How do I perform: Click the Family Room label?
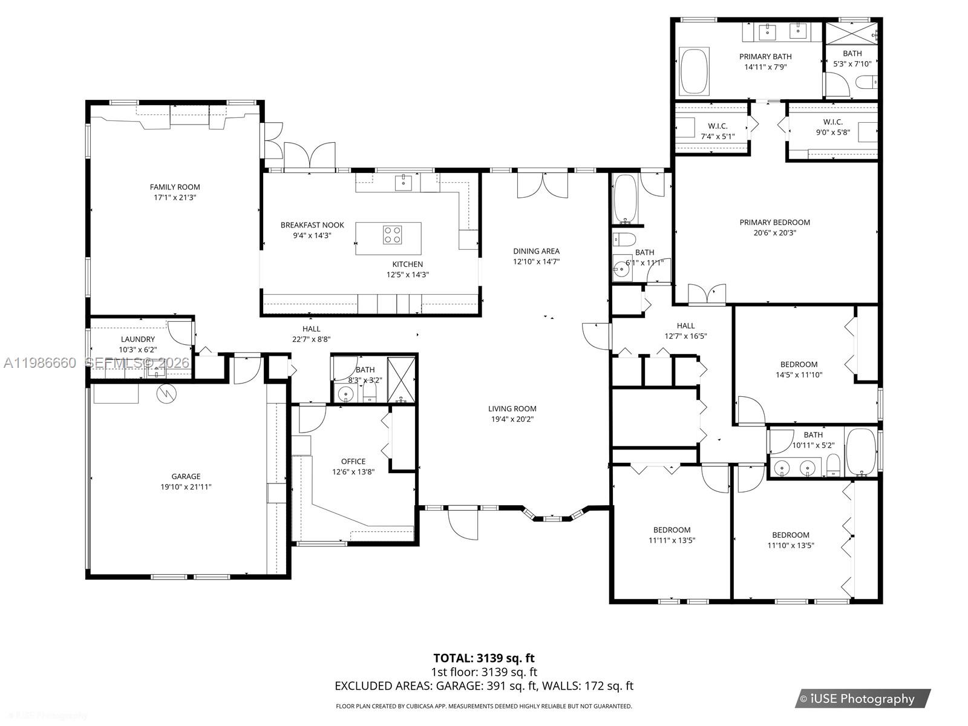point(175,187)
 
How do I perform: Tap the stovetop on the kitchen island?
point(392,235)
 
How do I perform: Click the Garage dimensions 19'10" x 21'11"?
point(186,486)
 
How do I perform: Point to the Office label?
point(353,461)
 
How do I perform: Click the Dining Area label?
point(536,251)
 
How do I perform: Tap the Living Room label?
point(512,408)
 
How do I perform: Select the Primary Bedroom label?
point(774,222)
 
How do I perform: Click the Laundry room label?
point(138,339)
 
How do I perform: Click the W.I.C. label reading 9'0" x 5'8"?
point(832,122)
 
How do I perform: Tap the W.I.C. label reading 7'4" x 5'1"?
point(718,126)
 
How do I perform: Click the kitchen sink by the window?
point(404,181)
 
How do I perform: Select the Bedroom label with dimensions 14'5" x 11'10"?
point(799,364)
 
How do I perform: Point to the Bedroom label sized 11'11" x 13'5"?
point(672,530)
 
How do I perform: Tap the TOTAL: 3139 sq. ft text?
point(483,658)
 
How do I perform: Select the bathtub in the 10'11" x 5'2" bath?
point(860,452)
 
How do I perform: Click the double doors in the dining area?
point(543,185)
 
